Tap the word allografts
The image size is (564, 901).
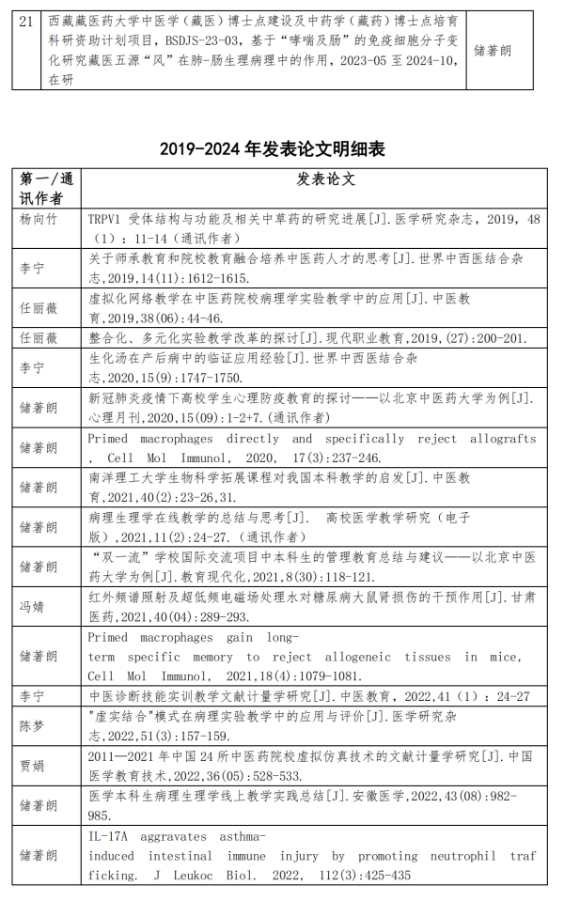(504, 439)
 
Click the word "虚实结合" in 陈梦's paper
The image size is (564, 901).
(121, 716)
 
